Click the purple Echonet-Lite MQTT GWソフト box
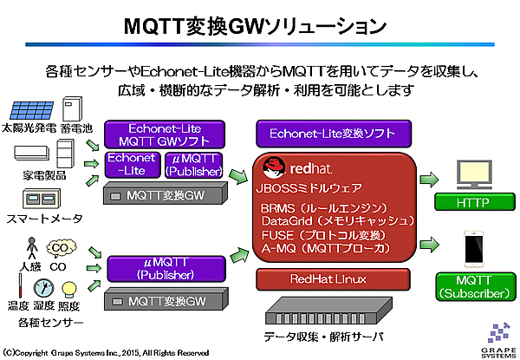tap(164, 134)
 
